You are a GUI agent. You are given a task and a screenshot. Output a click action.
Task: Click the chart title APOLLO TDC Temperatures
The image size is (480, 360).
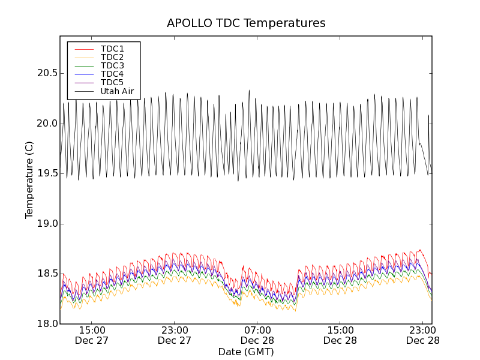(x=246, y=23)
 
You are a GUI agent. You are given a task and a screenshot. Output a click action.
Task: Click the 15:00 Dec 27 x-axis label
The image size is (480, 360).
(x=92, y=335)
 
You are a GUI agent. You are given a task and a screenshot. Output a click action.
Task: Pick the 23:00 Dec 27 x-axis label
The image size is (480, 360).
(x=175, y=335)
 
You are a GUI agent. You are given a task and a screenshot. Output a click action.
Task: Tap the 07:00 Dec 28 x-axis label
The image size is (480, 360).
(x=257, y=335)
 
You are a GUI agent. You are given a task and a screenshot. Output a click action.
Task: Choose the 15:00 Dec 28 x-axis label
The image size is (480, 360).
(x=340, y=335)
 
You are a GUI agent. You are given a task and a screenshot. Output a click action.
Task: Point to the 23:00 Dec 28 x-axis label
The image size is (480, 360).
(x=422, y=335)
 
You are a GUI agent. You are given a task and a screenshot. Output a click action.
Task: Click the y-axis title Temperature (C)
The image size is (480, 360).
(x=29, y=180)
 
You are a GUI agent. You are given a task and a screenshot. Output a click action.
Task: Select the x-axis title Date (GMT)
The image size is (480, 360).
(x=246, y=352)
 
